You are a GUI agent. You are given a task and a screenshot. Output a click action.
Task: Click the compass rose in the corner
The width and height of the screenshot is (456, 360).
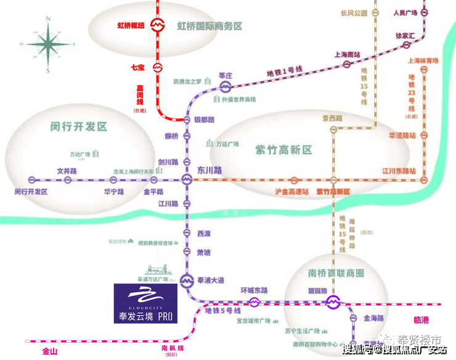pos(47,44)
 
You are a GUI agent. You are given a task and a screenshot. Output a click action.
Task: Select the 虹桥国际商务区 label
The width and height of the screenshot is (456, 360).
pos(210,27)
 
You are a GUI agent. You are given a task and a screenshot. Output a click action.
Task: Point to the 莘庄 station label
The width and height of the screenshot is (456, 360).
pos(226,76)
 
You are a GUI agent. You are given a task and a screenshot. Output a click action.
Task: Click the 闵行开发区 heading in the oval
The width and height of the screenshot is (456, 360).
pos(79,127)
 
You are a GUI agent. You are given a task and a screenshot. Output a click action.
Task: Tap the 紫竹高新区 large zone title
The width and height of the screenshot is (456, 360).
pos(283,150)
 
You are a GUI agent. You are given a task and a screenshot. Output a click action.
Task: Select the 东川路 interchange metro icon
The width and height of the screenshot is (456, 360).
pos(187,180)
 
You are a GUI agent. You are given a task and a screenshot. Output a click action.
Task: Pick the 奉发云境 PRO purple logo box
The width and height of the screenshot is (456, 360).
pos(145,304)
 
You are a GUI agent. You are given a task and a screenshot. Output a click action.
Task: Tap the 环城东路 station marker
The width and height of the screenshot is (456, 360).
pos(254,302)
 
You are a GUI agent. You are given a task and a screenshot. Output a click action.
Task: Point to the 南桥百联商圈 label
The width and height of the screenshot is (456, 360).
pos(335,273)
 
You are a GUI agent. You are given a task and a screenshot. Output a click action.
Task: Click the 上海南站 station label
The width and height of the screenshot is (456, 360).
pos(348,54)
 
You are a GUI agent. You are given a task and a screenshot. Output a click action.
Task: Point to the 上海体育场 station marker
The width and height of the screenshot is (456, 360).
pos(423,70)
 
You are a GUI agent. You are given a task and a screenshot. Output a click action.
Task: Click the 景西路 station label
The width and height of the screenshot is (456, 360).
pos(333,117)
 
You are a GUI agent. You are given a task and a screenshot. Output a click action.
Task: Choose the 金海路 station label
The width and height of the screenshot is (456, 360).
pos(373,319)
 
